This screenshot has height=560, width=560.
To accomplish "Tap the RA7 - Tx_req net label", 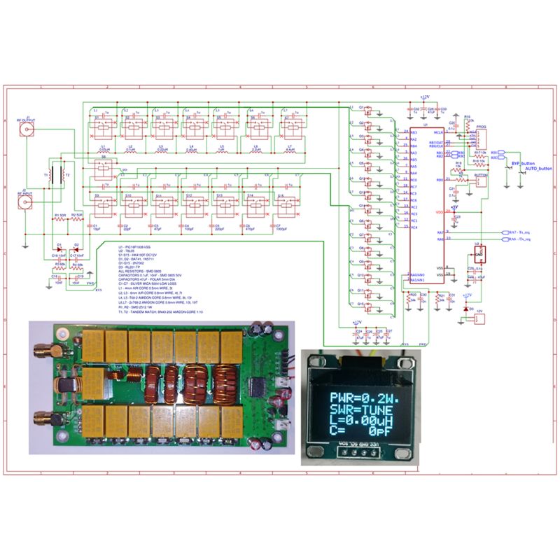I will (x=517, y=232).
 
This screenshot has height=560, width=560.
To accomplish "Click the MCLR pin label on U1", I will (x=438, y=132).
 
